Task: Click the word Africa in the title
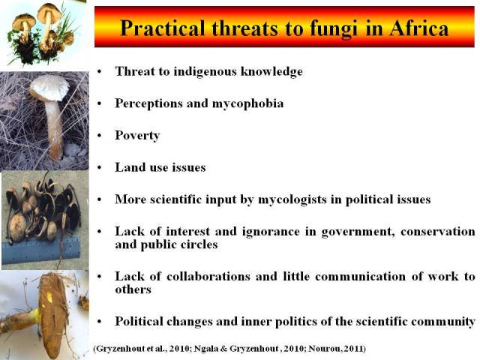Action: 418,28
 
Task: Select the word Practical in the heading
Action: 163,28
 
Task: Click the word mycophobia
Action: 247,103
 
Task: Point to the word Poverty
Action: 137,136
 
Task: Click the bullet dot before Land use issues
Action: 99,168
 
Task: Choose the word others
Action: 133,289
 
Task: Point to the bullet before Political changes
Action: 99,322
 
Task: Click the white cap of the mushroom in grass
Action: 49,87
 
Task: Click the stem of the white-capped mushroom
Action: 55,128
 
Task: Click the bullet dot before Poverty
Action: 99,136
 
